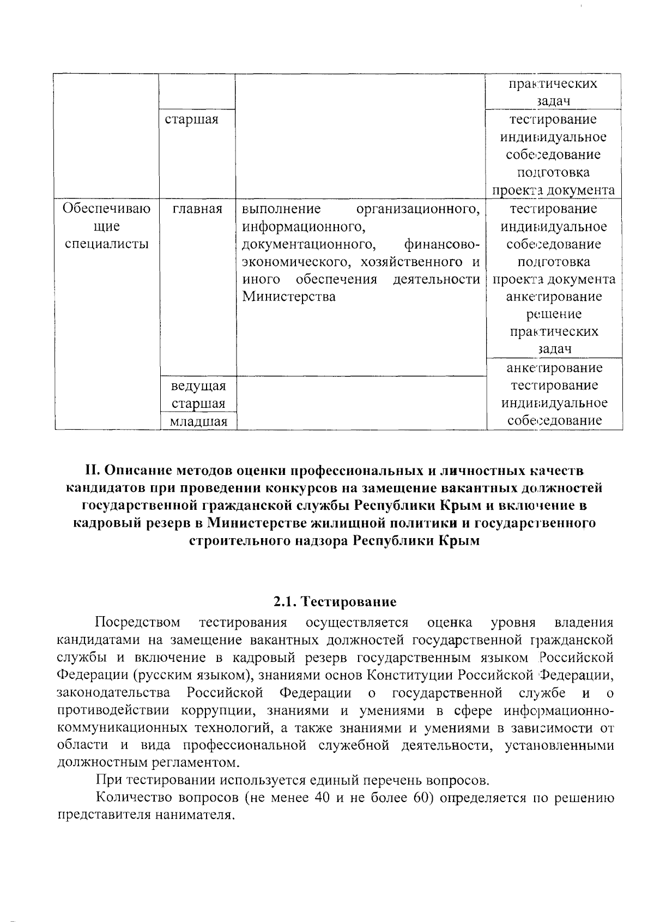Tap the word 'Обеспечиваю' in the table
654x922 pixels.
pyautogui.click(x=106, y=209)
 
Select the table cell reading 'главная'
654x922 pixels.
pyautogui.click(x=197, y=209)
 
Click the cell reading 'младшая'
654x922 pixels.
pyautogui.click(x=198, y=421)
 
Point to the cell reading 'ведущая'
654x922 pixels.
pyautogui.click(x=198, y=386)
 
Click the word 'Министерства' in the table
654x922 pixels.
pyautogui.click(x=288, y=297)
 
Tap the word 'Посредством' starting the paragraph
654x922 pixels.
pyautogui.click(x=138, y=622)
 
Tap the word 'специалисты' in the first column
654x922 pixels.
pyautogui.click(x=107, y=244)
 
